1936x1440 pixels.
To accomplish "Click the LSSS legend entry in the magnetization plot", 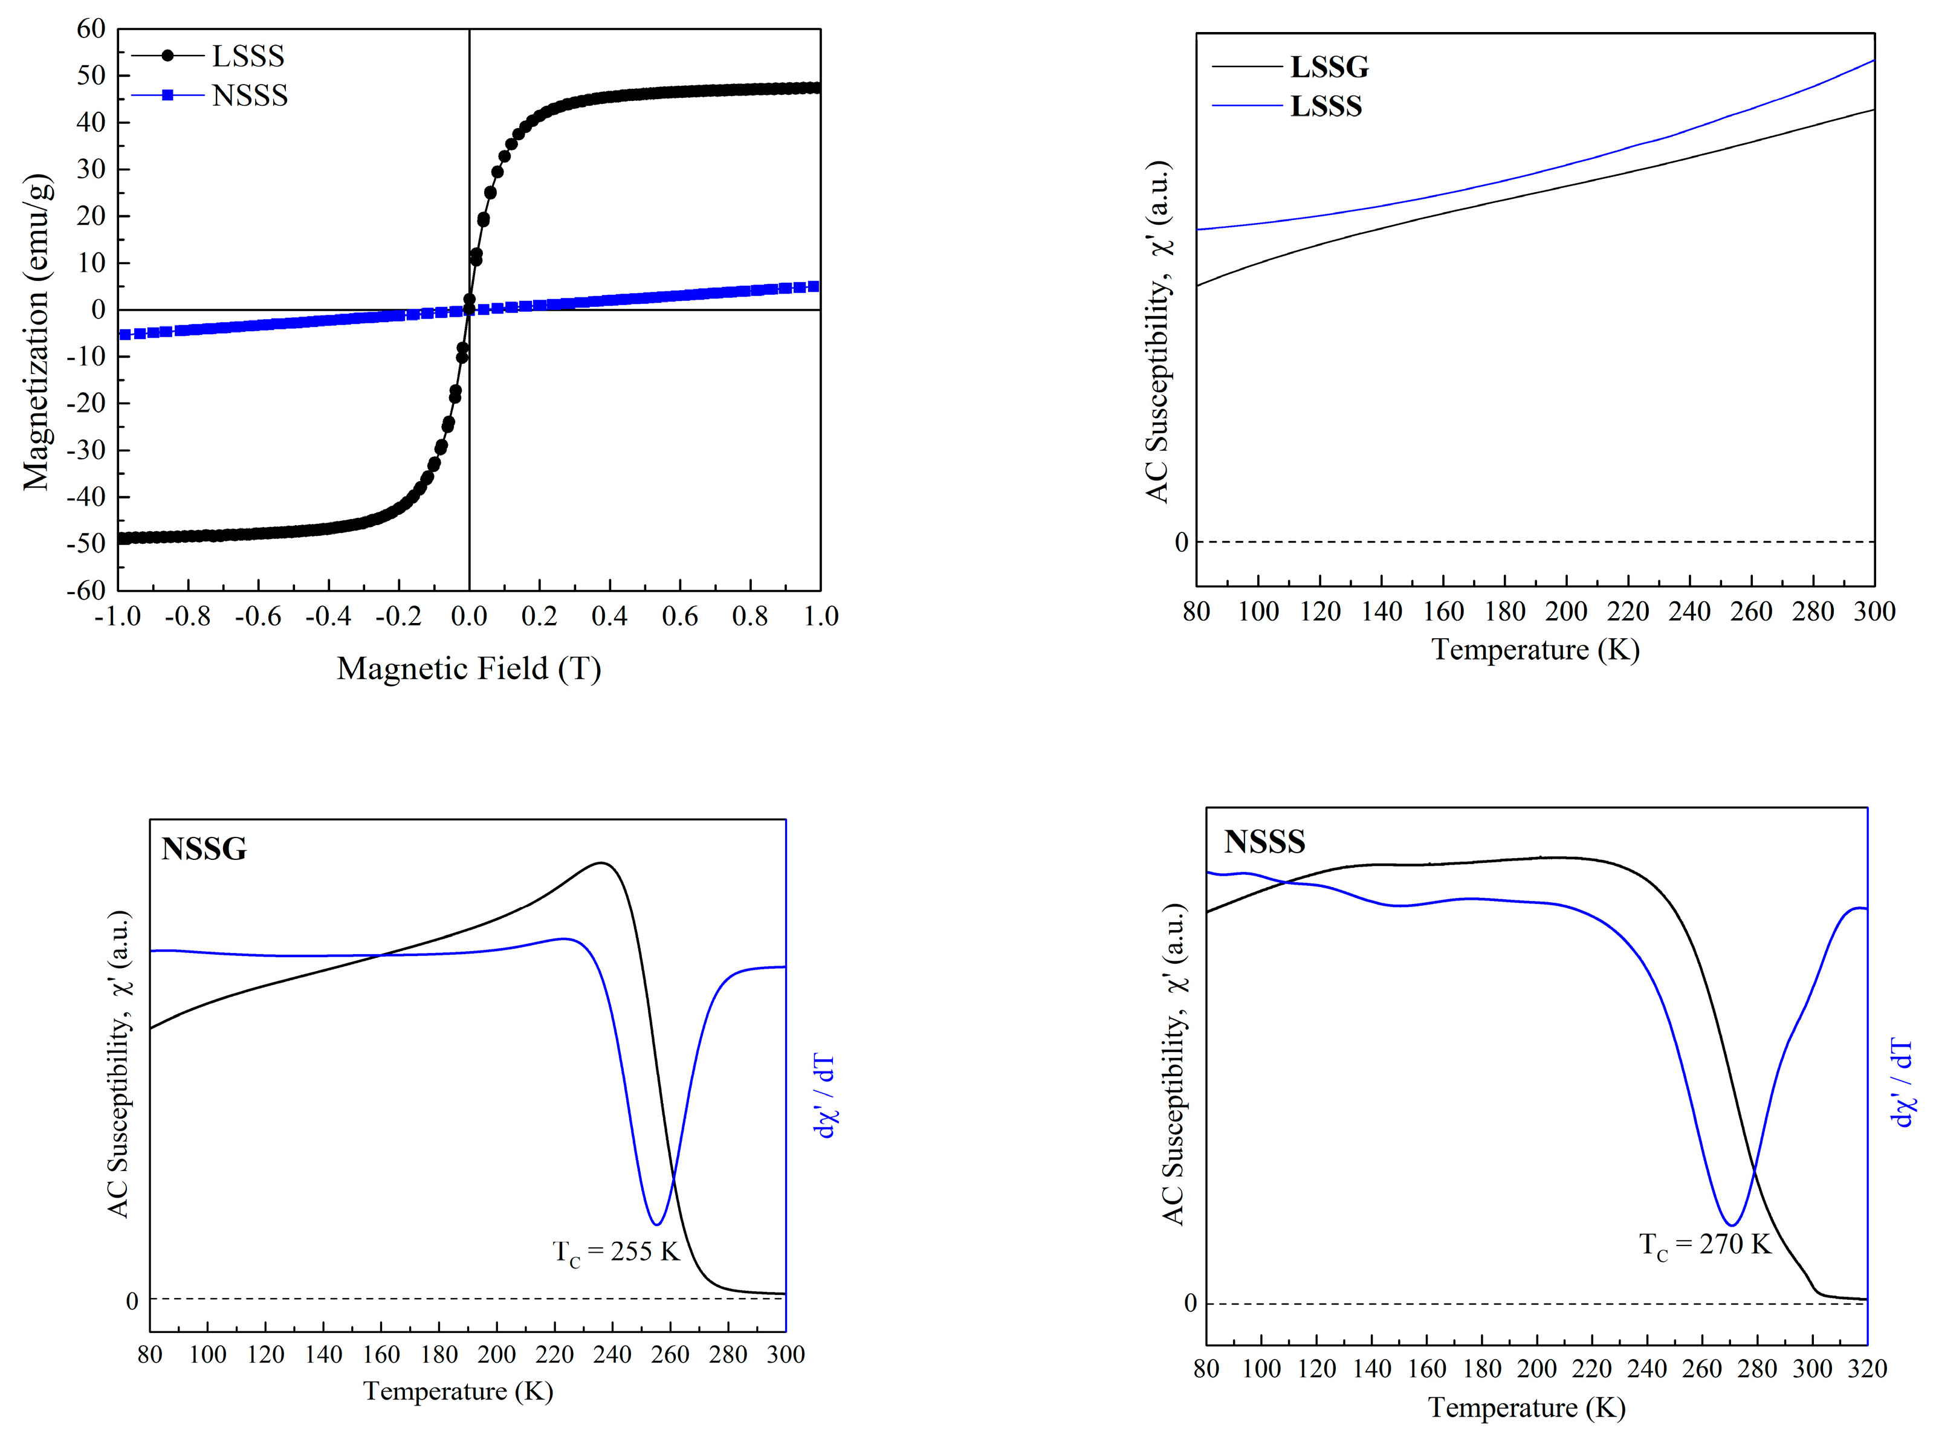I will (248, 56).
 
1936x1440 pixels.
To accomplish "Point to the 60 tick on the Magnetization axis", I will (91, 29).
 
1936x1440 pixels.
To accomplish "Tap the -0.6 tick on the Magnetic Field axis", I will (258, 616).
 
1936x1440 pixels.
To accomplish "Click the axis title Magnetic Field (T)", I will (469, 668).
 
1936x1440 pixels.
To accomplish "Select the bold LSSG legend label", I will (1329, 67).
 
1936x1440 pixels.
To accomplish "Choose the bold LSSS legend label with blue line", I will (1325, 106).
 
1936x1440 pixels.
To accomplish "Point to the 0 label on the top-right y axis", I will (1181, 542).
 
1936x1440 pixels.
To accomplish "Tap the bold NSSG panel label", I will (204, 848).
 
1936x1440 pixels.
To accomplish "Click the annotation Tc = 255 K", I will (615, 1251).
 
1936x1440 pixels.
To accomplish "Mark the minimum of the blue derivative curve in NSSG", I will (656, 1224).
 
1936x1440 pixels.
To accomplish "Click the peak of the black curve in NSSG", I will (601, 863).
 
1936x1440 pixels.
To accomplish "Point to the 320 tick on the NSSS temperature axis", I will (1867, 1369).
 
